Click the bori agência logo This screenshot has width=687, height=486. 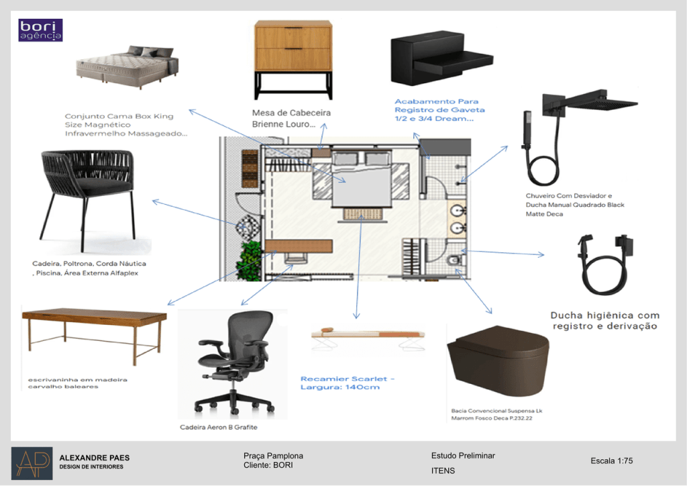tap(40, 30)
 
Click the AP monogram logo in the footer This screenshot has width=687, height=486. tap(32, 463)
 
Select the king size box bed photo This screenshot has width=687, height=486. tap(127, 66)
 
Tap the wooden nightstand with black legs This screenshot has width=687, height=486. tap(293, 60)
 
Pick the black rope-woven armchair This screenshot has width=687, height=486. tap(87, 199)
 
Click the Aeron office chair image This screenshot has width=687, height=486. tap(233, 364)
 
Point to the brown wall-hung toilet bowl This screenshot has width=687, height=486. tap(498, 360)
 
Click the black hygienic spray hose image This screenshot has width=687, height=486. tap(605, 264)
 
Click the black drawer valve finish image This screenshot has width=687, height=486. tap(441, 58)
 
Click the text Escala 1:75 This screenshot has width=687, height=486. tap(612, 460)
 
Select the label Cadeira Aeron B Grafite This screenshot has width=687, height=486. tap(219, 427)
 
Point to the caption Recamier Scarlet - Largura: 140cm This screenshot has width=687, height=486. tap(347, 383)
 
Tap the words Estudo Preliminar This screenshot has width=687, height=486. tap(463, 456)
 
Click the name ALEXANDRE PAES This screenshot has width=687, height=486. tap(95, 458)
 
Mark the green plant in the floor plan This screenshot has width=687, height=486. tap(249, 260)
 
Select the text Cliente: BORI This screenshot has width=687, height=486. tap(268, 465)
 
